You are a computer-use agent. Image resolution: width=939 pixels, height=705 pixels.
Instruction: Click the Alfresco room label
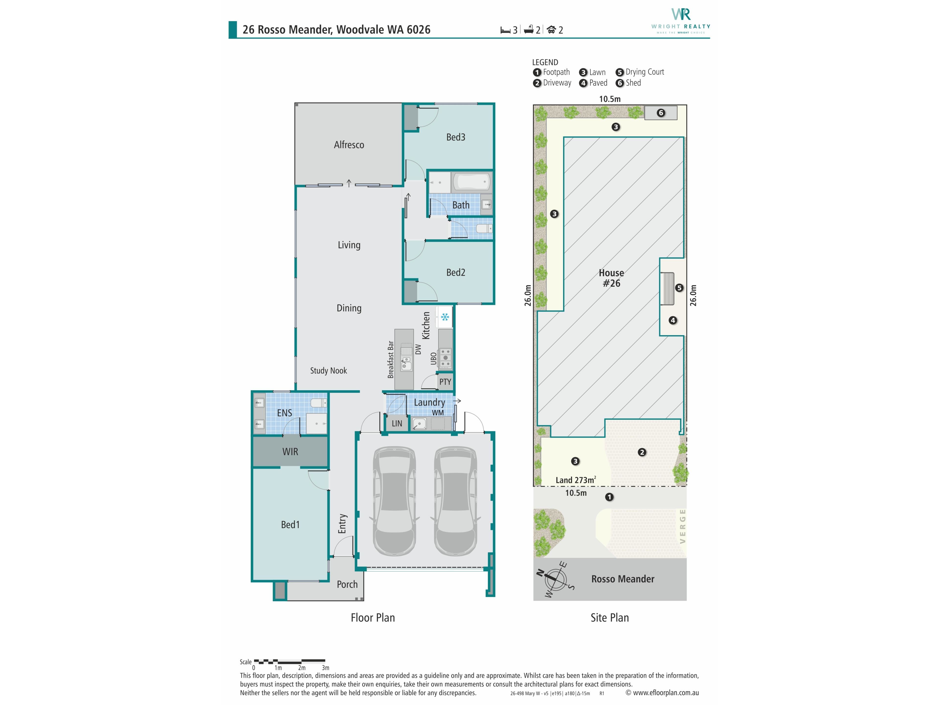(x=349, y=145)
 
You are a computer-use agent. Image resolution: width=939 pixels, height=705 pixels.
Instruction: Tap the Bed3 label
(x=456, y=137)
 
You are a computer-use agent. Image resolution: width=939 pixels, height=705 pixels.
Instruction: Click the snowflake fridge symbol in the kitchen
(x=445, y=317)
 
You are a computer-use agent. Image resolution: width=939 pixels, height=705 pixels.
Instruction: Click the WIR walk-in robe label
(x=290, y=452)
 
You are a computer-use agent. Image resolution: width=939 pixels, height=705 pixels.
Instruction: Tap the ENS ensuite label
(x=284, y=413)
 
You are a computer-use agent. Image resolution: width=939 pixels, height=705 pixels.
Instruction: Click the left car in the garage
(x=394, y=501)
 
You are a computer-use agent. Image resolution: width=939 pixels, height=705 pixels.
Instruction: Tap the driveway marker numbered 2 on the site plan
(x=642, y=452)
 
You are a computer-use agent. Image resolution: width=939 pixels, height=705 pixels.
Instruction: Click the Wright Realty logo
(x=681, y=20)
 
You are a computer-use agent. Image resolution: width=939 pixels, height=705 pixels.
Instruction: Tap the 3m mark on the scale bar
(x=326, y=668)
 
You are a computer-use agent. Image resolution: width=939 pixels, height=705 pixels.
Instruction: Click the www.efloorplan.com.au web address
(x=666, y=693)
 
